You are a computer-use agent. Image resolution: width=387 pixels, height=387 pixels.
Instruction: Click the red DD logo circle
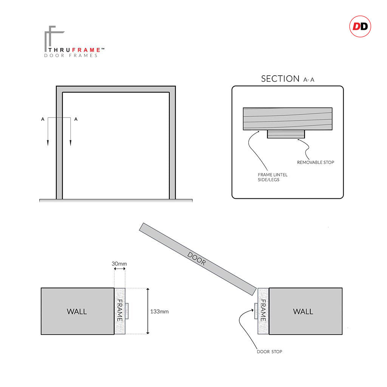pos(360,26)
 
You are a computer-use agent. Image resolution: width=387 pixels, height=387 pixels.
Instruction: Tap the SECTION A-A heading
pos(287,79)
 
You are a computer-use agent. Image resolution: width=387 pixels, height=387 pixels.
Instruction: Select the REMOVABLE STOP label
pos(316,163)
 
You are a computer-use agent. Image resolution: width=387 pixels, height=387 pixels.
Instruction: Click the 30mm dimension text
pos(119,263)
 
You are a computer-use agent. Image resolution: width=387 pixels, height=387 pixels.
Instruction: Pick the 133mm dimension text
pos(159,312)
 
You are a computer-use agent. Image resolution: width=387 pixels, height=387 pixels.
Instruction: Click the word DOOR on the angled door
pos(197,259)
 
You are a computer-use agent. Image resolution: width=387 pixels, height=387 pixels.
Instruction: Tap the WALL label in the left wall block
pos(77,311)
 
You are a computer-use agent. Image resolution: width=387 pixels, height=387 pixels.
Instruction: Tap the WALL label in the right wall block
pos(303,311)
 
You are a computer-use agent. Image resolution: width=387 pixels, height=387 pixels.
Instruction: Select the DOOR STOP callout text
pos(269,352)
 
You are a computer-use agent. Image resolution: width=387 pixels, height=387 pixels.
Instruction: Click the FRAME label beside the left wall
pos(119,311)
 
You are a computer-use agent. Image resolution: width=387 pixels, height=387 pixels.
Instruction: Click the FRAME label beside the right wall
pos(263,311)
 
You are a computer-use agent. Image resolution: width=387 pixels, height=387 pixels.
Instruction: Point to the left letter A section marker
pos(43,119)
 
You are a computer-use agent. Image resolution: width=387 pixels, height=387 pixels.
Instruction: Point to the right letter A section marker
pos(76,119)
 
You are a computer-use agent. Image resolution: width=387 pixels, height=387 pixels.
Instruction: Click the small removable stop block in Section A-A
pos(286,134)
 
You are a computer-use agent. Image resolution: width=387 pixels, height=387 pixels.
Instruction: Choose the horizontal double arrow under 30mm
pos(119,269)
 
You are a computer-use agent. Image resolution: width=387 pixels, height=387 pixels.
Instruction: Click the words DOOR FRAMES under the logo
pos(71,56)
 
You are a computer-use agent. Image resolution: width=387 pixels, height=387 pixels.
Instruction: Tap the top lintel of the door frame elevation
pos(116,89)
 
